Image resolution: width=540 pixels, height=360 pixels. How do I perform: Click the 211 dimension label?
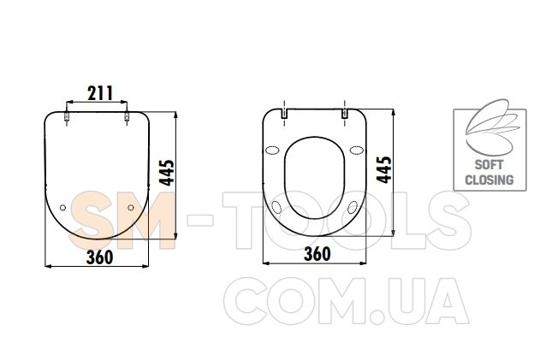tap(100, 93)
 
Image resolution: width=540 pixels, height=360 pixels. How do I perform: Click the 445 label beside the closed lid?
tap(167, 173)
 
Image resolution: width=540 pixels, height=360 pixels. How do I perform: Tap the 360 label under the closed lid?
tap(99, 257)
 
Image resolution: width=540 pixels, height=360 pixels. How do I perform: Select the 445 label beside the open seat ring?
tap(384, 170)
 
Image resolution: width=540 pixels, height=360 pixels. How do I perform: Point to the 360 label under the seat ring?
tap(317, 254)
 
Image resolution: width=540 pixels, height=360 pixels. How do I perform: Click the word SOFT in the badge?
tap(489, 164)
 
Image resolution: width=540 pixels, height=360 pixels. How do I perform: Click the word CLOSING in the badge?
tap(489, 180)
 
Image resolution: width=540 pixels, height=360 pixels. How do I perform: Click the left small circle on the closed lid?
tap(62, 208)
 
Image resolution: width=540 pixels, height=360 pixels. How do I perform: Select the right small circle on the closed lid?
tap(131, 208)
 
